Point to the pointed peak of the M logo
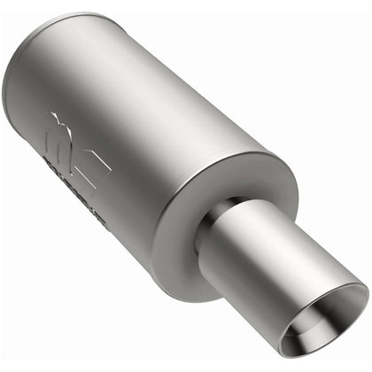[55, 116]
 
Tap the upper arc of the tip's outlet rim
[328, 285]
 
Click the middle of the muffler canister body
[151, 133]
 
